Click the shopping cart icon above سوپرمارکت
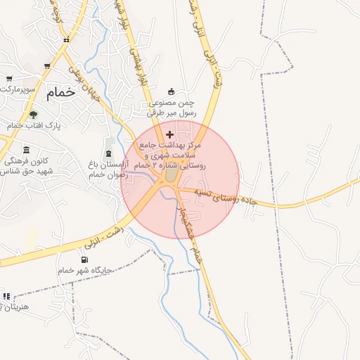tap(10, 79)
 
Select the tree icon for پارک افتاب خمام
tap(33, 115)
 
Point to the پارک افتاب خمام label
tap(34, 125)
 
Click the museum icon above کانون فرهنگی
tap(27, 150)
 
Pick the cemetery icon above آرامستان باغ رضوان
tap(108, 153)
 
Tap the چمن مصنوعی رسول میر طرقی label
tap(172, 107)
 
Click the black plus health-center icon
tap(169, 134)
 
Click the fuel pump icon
tap(85, 259)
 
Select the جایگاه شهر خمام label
tap(79, 270)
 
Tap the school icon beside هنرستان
tap(7, 296)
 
